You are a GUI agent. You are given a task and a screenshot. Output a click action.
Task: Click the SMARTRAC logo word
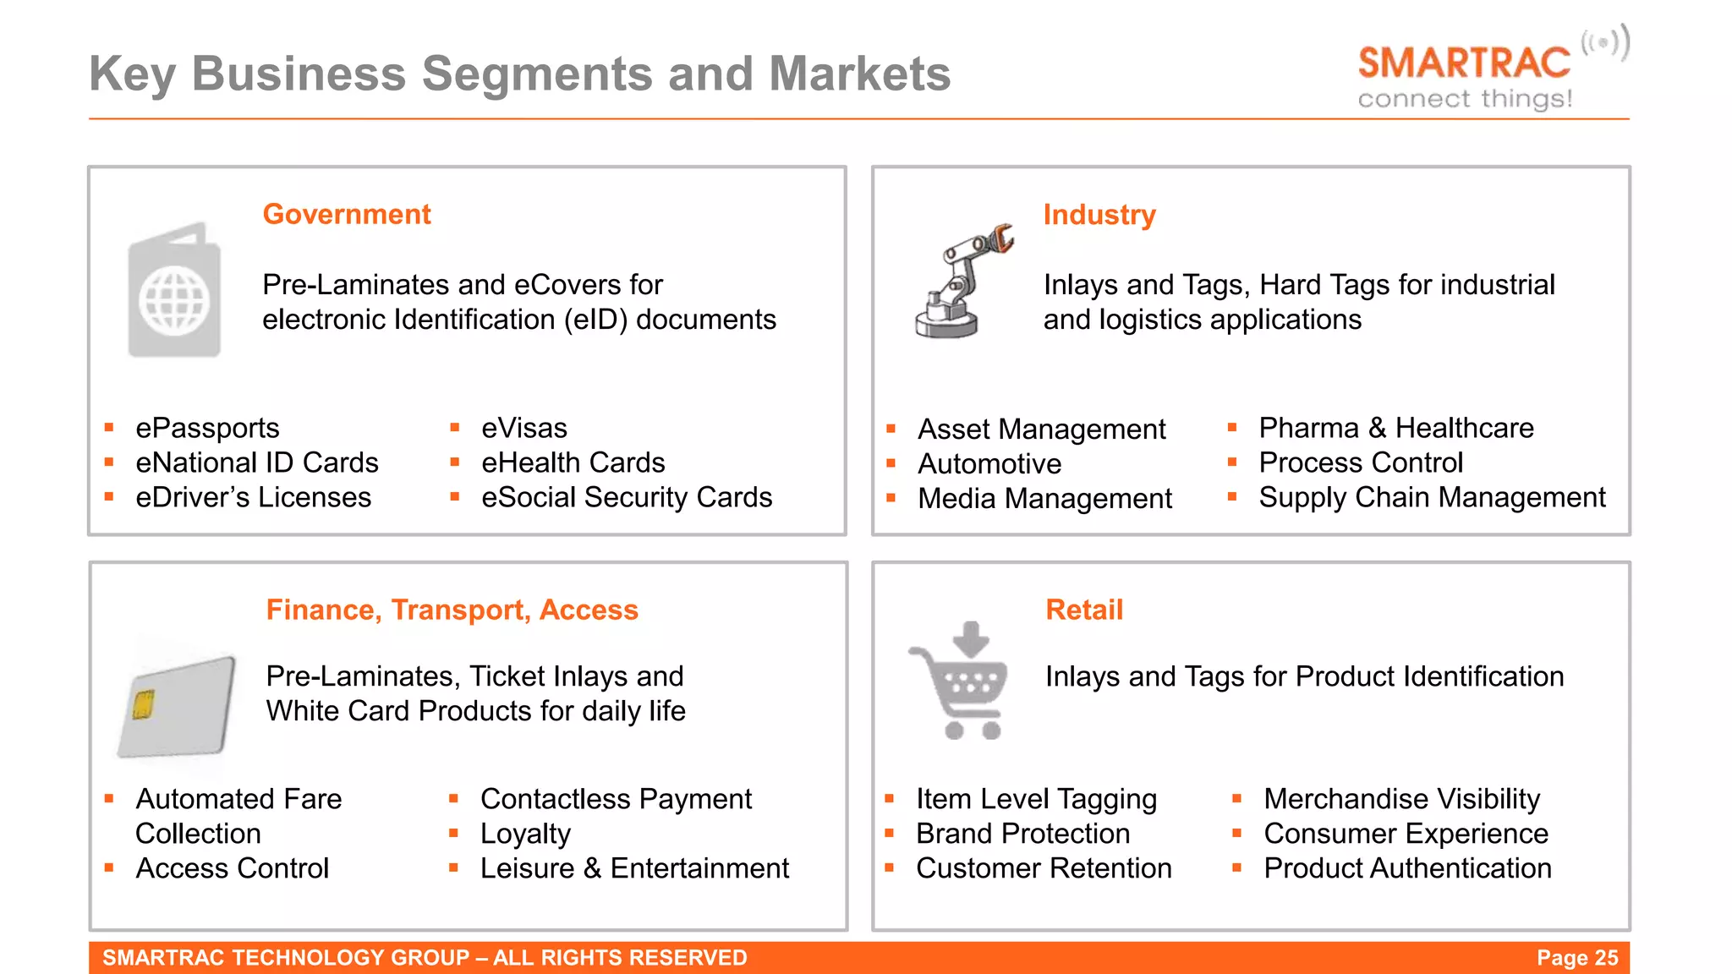1464,63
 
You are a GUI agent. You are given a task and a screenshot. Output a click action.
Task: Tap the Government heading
347,214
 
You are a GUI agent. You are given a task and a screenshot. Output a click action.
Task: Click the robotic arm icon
962,283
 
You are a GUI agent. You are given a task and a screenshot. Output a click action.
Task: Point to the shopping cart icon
961,681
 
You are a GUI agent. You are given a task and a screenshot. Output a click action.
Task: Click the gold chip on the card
143,703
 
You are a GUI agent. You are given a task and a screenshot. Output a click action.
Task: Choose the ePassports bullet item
207,428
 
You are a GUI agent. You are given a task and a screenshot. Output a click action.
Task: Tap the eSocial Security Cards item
626,497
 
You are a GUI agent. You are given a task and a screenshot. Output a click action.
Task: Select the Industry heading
1099,215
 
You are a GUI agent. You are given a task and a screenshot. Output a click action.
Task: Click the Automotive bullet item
989,463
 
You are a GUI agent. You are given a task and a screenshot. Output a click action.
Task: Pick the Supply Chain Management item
1431,497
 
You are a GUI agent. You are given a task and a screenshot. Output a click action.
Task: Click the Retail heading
1083,610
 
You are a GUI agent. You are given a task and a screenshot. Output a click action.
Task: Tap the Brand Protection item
1022,834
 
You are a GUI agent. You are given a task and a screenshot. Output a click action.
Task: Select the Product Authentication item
1407,868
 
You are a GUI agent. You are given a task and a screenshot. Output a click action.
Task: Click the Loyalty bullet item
525,834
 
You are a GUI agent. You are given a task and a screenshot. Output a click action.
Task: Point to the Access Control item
232,868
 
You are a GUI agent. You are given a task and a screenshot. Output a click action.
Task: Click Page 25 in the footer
1576,958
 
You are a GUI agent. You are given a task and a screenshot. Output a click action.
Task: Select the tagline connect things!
1465,99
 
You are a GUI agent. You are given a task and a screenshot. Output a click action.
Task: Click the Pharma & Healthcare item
1395,428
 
